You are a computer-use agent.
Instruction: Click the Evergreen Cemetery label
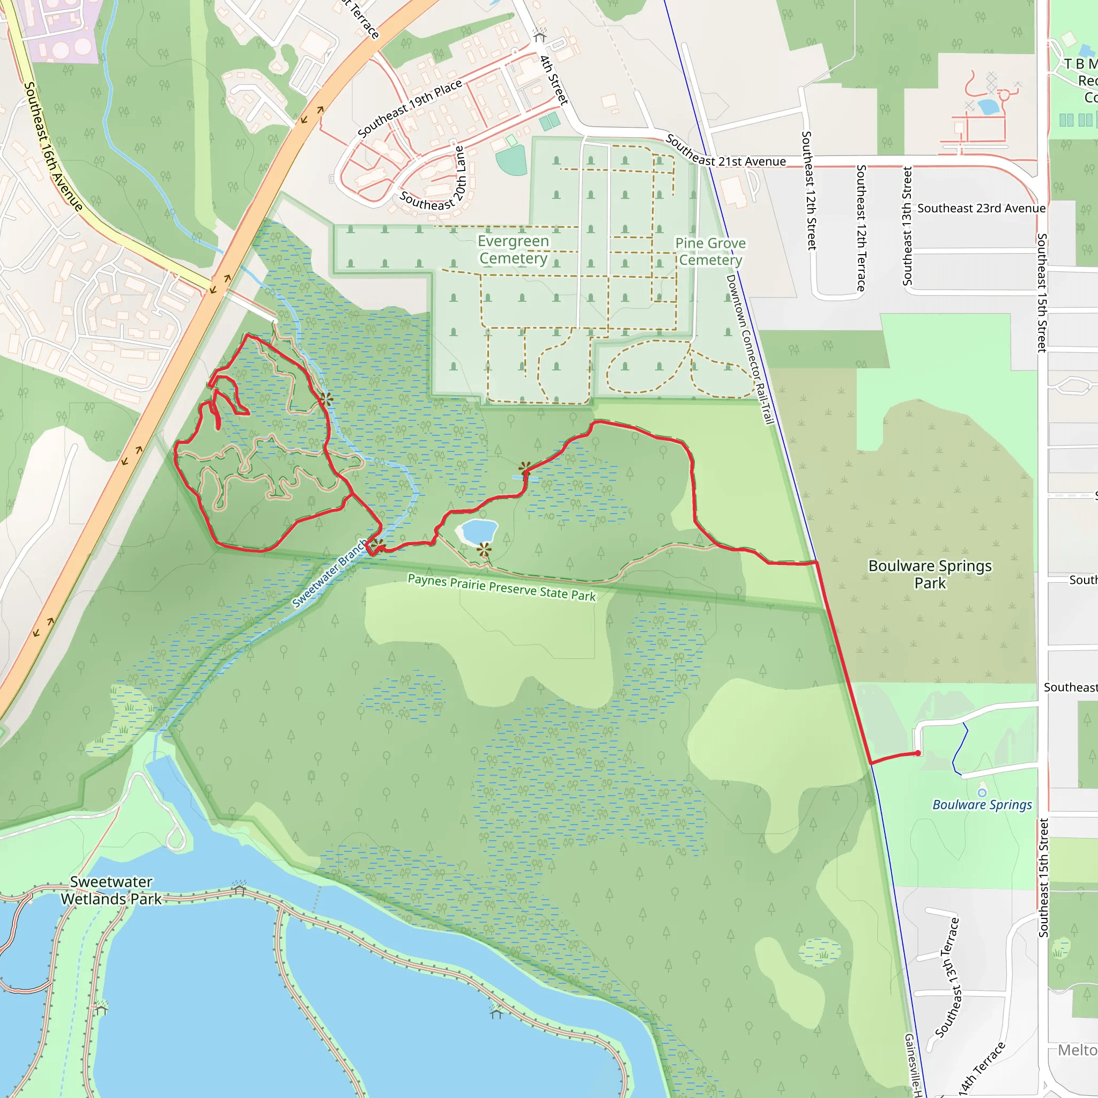click(513, 249)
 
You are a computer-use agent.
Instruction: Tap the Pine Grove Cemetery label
click(710, 251)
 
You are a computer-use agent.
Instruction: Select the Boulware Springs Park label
click(930, 574)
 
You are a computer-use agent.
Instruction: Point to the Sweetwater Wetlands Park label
click(112, 890)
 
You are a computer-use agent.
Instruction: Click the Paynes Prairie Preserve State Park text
click(502, 587)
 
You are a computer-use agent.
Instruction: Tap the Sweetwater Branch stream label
click(330, 574)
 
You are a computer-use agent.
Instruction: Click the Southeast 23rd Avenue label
click(982, 208)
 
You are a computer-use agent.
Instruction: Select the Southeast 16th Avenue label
click(54, 146)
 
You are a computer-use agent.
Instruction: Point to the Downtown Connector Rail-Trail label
click(750, 349)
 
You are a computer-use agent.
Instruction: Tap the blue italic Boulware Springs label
click(982, 805)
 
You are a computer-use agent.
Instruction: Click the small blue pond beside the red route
click(479, 531)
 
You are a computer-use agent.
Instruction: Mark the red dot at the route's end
click(918, 753)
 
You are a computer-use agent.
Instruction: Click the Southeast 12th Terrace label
click(861, 228)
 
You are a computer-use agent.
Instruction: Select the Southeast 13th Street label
click(908, 226)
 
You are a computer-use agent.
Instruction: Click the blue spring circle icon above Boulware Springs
click(983, 792)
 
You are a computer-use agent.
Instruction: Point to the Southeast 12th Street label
click(808, 190)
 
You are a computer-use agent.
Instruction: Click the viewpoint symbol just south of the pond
click(484, 550)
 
